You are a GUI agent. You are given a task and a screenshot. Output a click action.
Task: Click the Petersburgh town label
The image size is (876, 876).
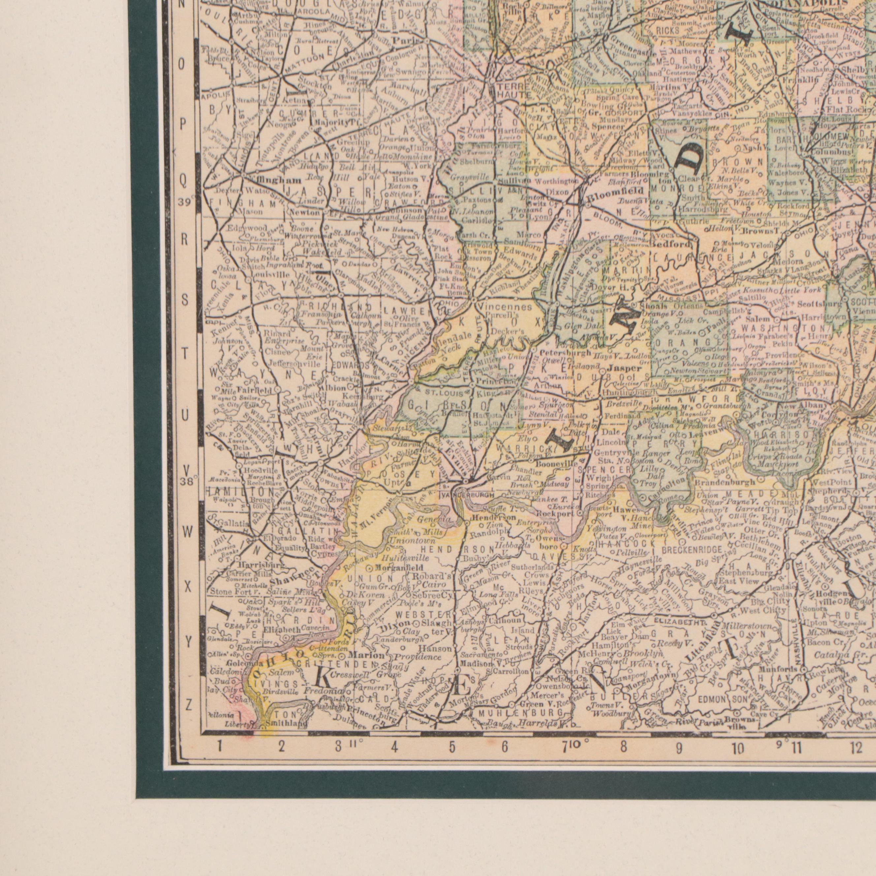click(562, 352)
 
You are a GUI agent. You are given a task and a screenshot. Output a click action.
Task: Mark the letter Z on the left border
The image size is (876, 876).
click(189, 705)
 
